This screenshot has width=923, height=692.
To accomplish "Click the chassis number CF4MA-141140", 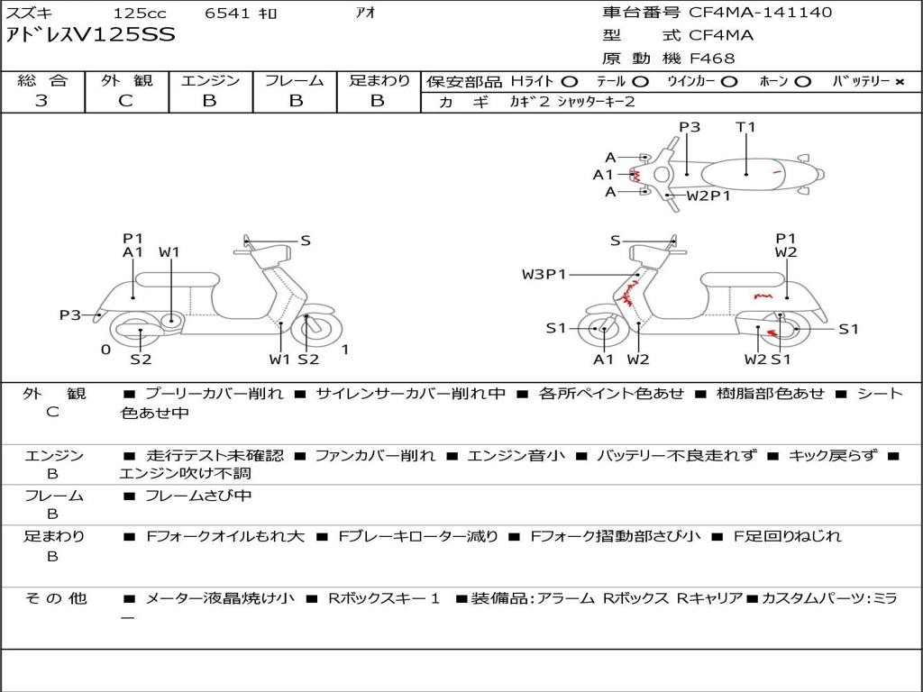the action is coord(761,13).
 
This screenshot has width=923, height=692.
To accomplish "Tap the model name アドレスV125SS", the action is coord(91,35).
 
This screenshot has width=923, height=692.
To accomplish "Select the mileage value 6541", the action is coord(227,13).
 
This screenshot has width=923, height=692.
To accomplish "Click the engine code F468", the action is coord(712,59).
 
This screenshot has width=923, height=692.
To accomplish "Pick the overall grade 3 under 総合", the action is coord(41,101).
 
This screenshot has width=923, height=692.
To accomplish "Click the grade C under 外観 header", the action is coord(126,101).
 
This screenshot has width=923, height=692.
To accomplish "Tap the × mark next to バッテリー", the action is coord(900,82).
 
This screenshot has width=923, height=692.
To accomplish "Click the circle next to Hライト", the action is coord(570,82).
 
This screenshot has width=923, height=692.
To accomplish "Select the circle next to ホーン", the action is coord(803,82).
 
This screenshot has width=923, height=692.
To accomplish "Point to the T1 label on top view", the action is coord(745,126).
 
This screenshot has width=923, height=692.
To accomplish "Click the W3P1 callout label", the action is coord(544,274).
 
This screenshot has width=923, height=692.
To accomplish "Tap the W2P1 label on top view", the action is coord(708,196).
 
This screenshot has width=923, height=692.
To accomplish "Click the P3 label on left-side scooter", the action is coord(70,315).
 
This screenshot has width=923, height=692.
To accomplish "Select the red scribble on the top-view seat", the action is coord(777,172).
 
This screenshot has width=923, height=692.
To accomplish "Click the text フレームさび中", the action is coord(197,496).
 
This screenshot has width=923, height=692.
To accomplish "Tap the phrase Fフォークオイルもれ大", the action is coord(224,537).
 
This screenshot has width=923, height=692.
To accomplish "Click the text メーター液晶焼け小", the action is coord(220,599).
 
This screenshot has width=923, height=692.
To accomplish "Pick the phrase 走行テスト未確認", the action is coord(215,456).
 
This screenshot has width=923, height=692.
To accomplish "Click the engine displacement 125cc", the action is coord(140,13).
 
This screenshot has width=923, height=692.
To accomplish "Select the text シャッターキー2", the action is coord(597,102).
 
